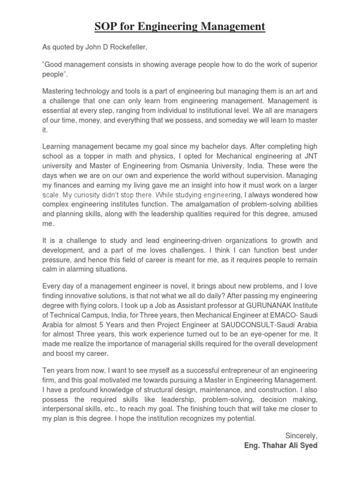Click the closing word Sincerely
301,435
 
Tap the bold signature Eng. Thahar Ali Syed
281,445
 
